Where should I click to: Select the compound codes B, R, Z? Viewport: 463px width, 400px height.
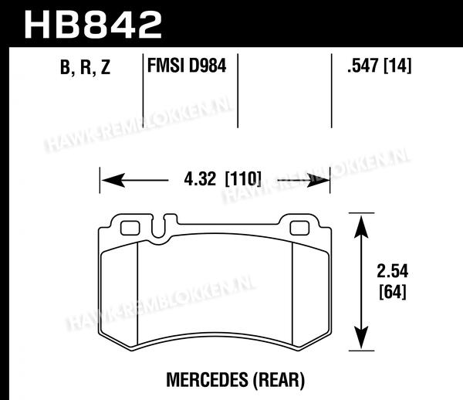(86, 67)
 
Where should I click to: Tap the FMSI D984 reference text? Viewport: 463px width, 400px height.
(187, 66)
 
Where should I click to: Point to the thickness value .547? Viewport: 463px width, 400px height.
(363, 66)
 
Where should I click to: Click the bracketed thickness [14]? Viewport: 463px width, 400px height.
(397, 66)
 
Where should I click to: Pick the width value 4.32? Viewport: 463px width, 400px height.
(200, 179)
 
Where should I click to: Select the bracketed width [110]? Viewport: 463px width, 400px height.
(243, 178)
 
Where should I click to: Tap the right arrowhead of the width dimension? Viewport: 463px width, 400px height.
(318, 180)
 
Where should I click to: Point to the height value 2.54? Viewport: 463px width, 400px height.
(393, 271)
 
